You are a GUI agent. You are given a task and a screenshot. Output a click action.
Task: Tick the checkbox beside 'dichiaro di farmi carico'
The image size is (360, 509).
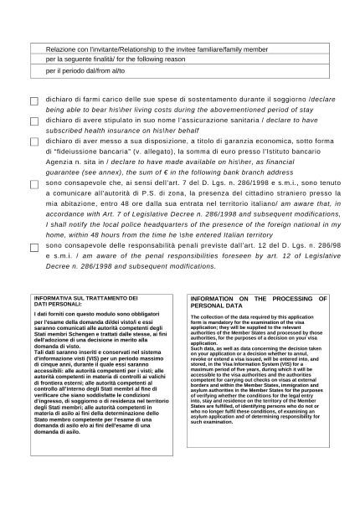pyautogui.click(x=34, y=101)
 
